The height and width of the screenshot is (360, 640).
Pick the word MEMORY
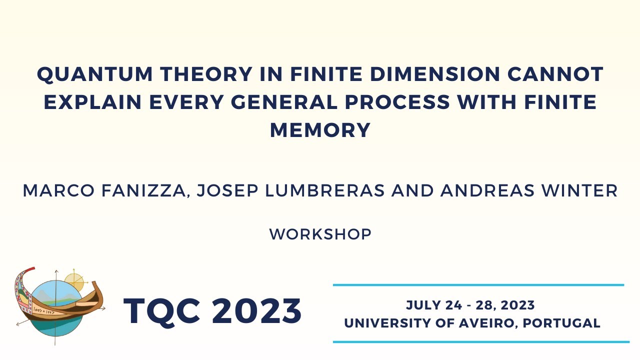click(x=320, y=130)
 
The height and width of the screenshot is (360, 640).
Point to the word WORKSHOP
click(x=320, y=234)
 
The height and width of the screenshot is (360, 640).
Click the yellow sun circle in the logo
click(x=74, y=281)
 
